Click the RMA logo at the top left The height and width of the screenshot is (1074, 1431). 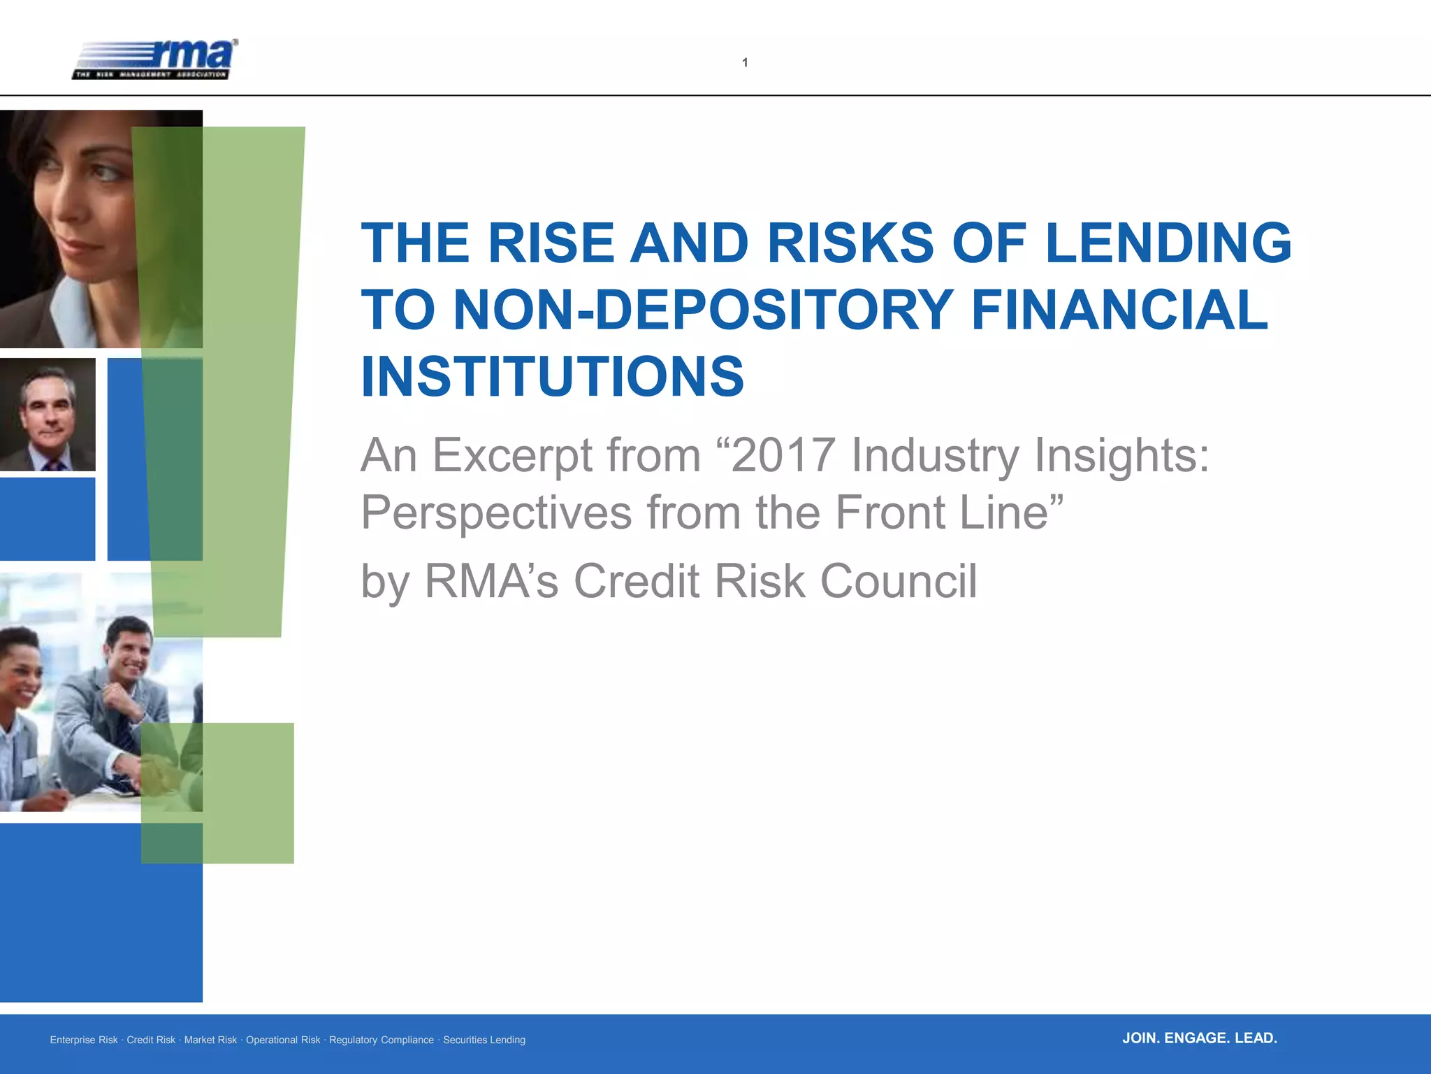point(155,60)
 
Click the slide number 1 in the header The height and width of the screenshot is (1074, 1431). point(745,63)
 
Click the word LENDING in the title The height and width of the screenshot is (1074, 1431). point(1168,243)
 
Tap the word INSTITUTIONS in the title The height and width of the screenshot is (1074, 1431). point(552,377)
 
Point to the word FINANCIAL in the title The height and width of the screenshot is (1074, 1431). point(1119,310)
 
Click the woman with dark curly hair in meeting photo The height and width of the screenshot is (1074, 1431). point(20,671)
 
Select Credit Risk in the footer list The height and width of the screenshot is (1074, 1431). point(151,1040)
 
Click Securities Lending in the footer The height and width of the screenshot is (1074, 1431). point(484,1040)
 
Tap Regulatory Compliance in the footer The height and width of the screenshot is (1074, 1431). point(382,1040)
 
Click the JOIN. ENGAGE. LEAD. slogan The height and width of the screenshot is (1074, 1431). point(1199,1038)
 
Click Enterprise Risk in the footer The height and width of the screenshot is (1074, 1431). point(84,1040)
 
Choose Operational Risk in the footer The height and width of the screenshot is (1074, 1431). point(283,1040)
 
